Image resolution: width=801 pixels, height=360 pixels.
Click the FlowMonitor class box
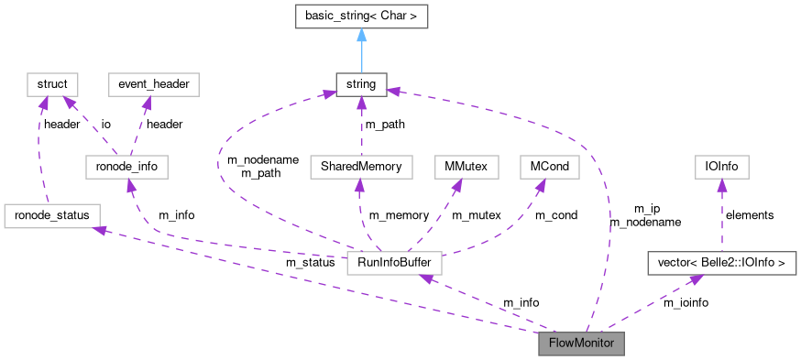tap(581, 344)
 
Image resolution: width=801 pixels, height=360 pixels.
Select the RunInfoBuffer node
tap(394, 265)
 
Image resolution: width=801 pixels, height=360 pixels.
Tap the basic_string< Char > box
tap(361, 16)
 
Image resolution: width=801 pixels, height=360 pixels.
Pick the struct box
tap(51, 85)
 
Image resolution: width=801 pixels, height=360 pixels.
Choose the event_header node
tap(153, 85)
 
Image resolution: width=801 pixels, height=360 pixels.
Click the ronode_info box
tap(126, 167)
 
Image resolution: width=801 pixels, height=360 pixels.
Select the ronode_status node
tap(52, 215)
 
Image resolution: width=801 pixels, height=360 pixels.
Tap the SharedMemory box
tap(361, 167)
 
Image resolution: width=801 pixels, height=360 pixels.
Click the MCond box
tap(548, 167)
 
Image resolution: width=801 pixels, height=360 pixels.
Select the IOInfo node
tap(721, 167)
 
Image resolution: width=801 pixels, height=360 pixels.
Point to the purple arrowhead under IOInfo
tap(721, 185)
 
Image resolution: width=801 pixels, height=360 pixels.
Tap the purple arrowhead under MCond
tap(541, 185)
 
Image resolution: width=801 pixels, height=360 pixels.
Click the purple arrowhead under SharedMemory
tap(360, 185)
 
